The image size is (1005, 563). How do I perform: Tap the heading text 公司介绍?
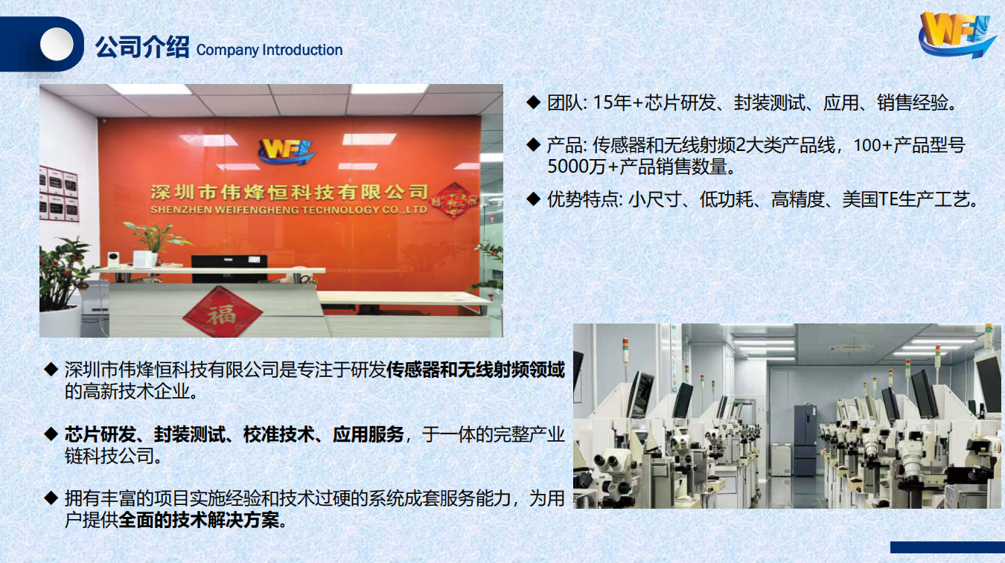click(141, 47)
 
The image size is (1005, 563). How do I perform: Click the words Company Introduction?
click(269, 50)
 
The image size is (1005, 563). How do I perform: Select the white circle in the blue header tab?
click(57, 44)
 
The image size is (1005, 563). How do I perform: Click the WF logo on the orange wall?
click(287, 152)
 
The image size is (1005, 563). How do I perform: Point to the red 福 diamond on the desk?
click(222, 312)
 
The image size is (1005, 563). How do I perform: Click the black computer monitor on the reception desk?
click(229, 268)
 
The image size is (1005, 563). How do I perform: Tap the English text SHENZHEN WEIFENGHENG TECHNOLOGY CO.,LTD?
click(289, 210)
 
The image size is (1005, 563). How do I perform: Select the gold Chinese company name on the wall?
click(290, 193)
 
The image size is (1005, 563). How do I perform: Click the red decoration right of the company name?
click(453, 200)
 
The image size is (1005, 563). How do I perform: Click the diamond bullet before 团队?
click(533, 102)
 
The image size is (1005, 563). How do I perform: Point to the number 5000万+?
click(583, 167)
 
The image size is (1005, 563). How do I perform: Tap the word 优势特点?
click(582, 199)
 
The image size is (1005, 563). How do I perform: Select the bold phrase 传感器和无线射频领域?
click(475, 370)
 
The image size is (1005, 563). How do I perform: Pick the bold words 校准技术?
click(278, 434)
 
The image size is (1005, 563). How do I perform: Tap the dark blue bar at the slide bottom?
click(948, 547)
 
